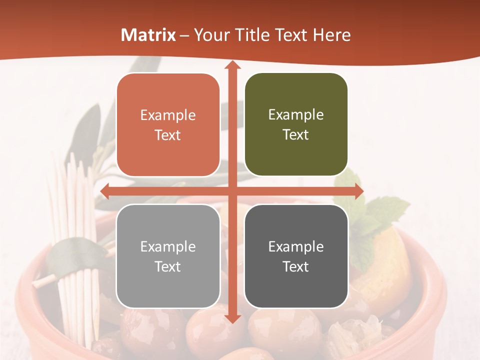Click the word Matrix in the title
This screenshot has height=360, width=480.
148,35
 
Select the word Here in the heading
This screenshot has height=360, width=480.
331,35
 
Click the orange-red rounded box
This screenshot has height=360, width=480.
168,124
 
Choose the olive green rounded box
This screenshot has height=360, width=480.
296,124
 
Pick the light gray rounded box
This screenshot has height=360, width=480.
168,256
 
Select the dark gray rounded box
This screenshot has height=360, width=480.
296,256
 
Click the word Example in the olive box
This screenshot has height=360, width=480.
296,114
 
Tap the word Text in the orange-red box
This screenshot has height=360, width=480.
168,135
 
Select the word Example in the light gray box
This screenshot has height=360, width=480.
168,246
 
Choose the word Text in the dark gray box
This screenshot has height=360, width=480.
296,266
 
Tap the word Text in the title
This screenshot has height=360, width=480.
291,35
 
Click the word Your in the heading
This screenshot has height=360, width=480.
210,35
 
